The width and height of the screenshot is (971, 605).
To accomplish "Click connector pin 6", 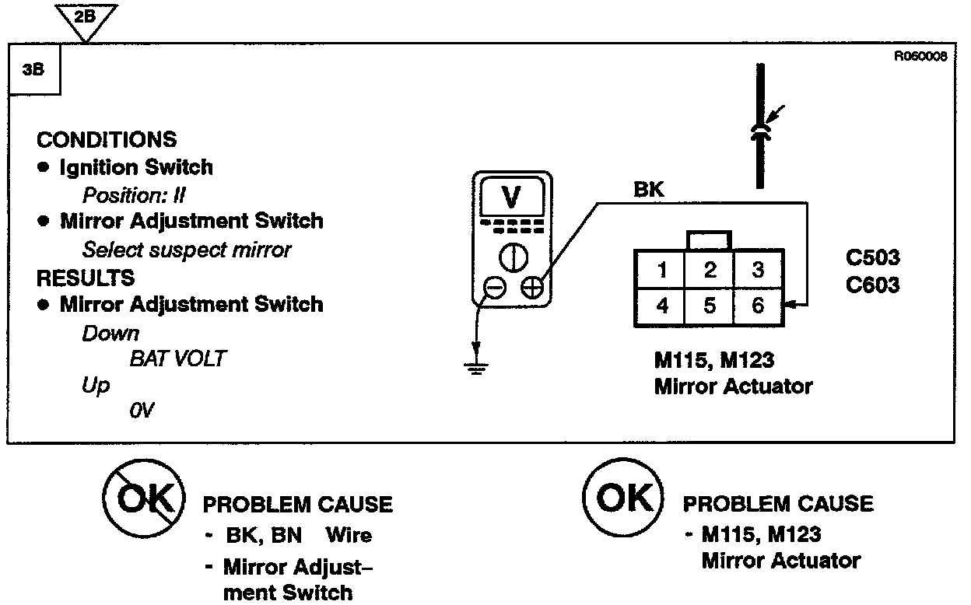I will pyautogui.click(x=758, y=306).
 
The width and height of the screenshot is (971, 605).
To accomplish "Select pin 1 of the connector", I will pyautogui.click(x=661, y=271).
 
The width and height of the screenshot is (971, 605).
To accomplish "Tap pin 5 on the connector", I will pyautogui.click(x=710, y=306).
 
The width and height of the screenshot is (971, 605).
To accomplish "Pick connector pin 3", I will pyautogui.click(x=758, y=271).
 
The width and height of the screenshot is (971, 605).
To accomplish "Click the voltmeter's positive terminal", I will pyautogui.click(x=532, y=288).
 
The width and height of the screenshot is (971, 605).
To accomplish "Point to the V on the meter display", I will pyautogui.click(x=511, y=198).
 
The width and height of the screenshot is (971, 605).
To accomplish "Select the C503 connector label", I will pyautogui.click(x=872, y=258).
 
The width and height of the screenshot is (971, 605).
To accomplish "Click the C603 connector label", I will pyautogui.click(x=872, y=285).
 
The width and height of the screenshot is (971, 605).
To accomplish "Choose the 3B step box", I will pyautogui.click(x=32, y=68).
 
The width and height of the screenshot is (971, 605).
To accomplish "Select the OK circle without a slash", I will pyautogui.click(x=622, y=498).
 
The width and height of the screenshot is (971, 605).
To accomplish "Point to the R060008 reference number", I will pyautogui.click(x=920, y=56).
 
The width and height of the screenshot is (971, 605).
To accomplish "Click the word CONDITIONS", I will pyautogui.click(x=107, y=140).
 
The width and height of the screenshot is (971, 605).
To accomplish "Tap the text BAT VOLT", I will pyautogui.click(x=178, y=359).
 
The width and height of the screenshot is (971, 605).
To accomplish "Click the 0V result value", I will pyautogui.click(x=142, y=410).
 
